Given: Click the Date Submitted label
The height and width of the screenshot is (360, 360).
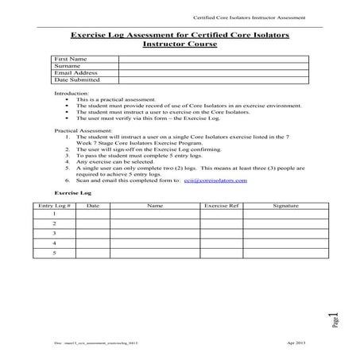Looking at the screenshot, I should pyautogui.click(x=76, y=80).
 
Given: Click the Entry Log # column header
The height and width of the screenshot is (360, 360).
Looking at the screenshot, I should pyautogui.click(x=54, y=205).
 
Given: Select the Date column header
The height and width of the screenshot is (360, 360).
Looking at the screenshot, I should pyautogui.click(x=92, y=205).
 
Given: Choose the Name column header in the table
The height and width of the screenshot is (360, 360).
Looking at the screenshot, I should pyautogui.click(x=154, y=205).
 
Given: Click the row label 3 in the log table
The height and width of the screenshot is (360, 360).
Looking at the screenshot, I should pyautogui.click(x=54, y=234).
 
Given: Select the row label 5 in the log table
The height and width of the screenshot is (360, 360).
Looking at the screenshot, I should pyautogui.click(x=54, y=253).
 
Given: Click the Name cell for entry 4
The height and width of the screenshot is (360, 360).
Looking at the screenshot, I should pyautogui.click(x=154, y=243).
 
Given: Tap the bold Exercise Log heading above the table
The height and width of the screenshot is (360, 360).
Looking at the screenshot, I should pyautogui.click(x=72, y=193).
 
